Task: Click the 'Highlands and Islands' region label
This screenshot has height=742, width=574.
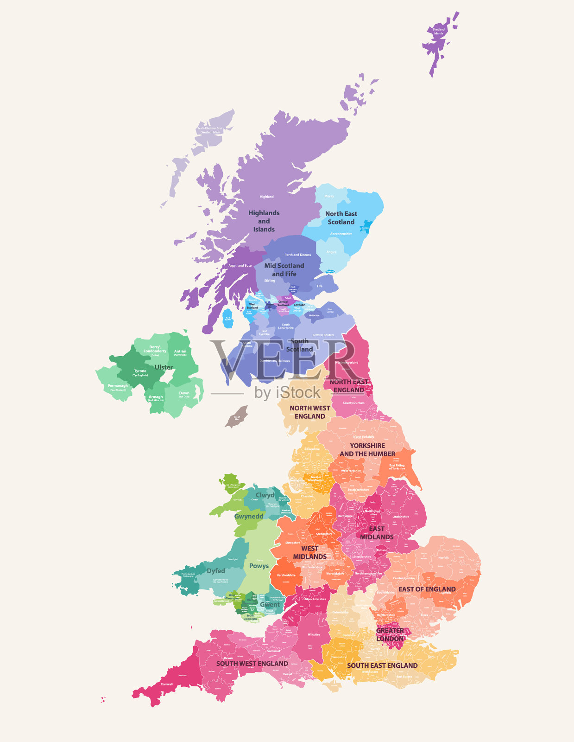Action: coord(264,221)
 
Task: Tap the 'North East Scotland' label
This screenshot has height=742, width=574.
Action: coord(341,218)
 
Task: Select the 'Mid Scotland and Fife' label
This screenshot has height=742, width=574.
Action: coord(284,270)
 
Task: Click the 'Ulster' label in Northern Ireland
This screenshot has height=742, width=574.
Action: coord(164,367)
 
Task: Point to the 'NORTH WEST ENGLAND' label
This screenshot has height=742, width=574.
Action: coord(310,412)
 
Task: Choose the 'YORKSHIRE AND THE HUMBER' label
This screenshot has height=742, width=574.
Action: coord(367,450)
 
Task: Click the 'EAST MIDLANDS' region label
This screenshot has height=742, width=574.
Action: coord(377,533)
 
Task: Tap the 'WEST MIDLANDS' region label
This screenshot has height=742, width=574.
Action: coord(309,553)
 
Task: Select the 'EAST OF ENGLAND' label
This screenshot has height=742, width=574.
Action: coord(427,589)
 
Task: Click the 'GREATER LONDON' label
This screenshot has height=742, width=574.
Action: coord(390,635)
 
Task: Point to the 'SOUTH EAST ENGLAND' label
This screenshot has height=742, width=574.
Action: coord(382,665)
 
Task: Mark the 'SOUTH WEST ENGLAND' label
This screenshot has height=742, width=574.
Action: coord(252,664)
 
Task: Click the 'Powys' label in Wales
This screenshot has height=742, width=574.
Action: coord(259,566)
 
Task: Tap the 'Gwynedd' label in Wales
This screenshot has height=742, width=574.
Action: coord(249,516)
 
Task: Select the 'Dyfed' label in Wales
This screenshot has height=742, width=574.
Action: coord(216,571)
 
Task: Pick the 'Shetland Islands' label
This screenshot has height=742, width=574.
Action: coord(438,32)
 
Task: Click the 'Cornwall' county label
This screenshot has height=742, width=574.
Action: coord(166,684)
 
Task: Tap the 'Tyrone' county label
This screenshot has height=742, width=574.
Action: coord(140,371)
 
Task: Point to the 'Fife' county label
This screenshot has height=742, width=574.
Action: coord(320,286)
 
